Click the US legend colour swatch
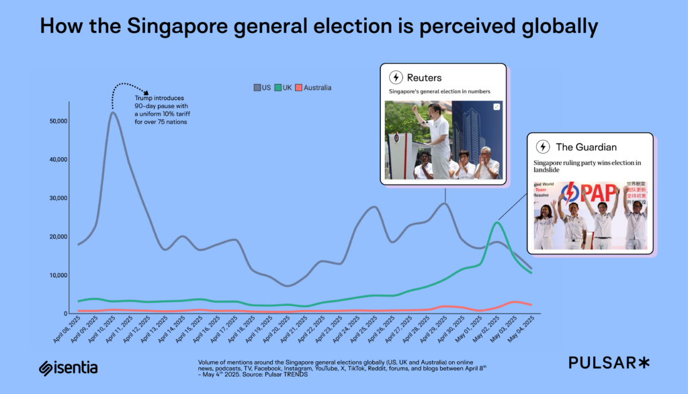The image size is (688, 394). (257, 88)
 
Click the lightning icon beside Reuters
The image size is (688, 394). (396, 77)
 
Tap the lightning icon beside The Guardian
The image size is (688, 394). (542, 147)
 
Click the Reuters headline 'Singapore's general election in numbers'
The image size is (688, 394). (439, 91)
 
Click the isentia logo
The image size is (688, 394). (69, 367)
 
